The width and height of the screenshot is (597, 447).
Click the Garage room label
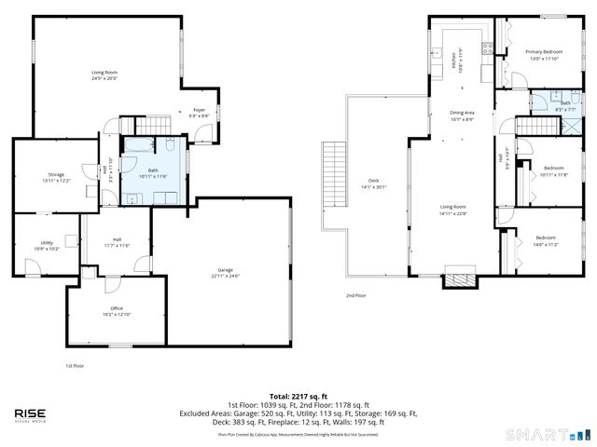pyautogui.click(x=225, y=270)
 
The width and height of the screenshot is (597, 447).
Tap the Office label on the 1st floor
pyautogui.click(x=117, y=308)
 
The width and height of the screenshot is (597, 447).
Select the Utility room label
pyautogui.click(x=47, y=246)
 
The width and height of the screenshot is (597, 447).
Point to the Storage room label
pyautogui.click(x=56, y=174)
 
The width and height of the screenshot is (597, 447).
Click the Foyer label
pyautogui.click(x=199, y=110)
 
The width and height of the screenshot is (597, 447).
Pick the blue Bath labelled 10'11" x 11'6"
pyautogui.click(x=152, y=170)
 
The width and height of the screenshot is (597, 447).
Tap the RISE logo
pyautogui.click(x=32, y=415)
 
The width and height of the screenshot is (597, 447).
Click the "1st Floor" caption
pyautogui.click(x=75, y=366)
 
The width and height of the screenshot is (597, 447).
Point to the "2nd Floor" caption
pyautogui.click(x=355, y=295)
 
